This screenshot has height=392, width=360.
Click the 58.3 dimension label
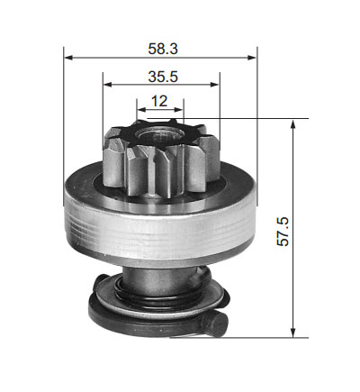coord(163,49)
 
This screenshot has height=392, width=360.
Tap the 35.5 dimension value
coord(163,77)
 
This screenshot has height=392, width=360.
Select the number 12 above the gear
coord(159,101)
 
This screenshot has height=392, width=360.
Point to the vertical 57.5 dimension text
coord(283,232)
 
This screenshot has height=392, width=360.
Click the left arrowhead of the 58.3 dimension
coord(68,57)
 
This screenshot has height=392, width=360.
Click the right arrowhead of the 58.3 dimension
coord(252,57)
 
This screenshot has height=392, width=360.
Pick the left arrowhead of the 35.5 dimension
coord(107,85)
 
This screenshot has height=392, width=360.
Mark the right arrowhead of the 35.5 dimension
coord(215,85)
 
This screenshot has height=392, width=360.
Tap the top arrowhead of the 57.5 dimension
coord(293,123)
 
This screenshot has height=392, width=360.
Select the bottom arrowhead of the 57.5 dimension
coord(293,333)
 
